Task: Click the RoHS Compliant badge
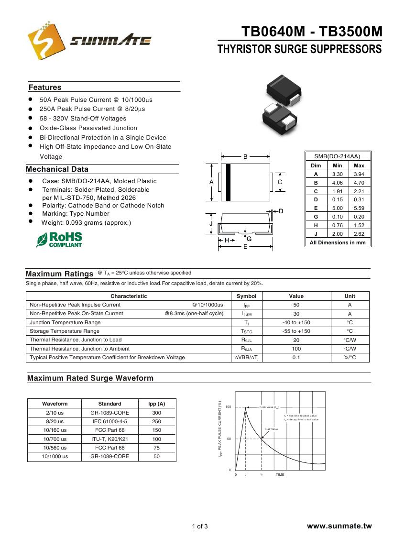click(59, 240)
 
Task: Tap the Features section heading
click(45, 88)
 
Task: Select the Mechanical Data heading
click(57, 169)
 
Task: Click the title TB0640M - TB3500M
click(312, 32)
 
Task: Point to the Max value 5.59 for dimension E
click(359, 208)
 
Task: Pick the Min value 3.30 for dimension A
click(338, 174)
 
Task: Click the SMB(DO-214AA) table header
click(338, 156)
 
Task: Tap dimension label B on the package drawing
click(245, 156)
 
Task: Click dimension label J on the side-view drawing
click(211, 224)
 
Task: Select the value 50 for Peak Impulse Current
click(296, 305)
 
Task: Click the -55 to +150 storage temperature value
click(296, 331)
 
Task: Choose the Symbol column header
click(246, 296)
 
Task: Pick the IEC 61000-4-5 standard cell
click(109, 421)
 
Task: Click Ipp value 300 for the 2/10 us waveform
click(156, 413)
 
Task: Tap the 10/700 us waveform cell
click(55, 439)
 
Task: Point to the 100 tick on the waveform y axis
click(228, 407)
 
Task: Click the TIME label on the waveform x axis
click(280, 475)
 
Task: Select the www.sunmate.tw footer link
click(339, 526)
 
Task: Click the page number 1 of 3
click(200, 527)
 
